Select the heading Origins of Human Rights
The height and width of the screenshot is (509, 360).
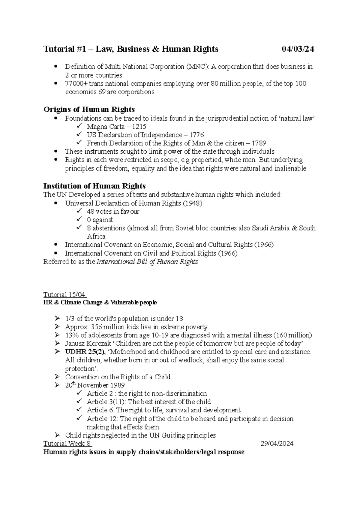(89, 109)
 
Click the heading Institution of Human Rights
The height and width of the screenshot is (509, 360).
(94, 186)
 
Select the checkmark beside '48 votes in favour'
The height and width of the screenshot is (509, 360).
(79, 211)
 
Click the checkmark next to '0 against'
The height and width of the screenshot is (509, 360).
(79, 219)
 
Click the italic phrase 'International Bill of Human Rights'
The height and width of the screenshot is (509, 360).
(147, 262)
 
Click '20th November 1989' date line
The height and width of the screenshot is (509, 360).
(94, 385)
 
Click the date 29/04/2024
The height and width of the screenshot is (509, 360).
(277, 444)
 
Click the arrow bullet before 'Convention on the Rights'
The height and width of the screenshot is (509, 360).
(57, 377)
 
